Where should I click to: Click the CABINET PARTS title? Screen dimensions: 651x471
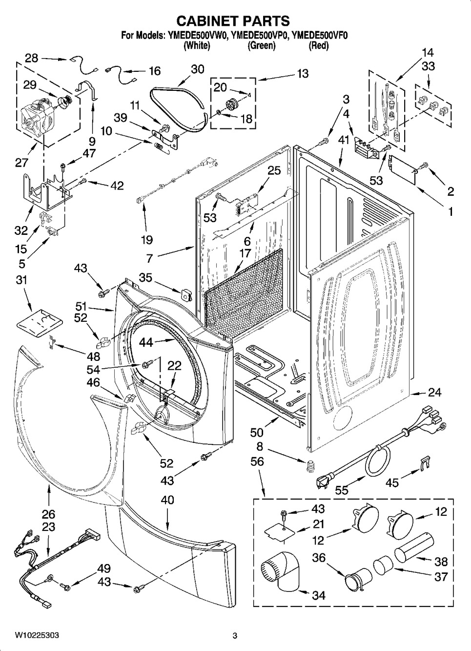tap(233, 21)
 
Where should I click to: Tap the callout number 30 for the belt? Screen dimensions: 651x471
tap(197, 69)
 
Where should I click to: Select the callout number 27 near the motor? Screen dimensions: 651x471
tap(21, 162)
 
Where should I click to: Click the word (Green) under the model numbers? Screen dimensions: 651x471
tap(262, 46)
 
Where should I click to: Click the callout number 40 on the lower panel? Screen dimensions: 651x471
tap(167, 500)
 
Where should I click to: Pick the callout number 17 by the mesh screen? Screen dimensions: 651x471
tap(245, 253)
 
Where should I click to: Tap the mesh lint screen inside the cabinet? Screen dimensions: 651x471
tap(244, 293)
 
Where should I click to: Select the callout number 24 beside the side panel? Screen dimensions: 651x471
tap(434, 392)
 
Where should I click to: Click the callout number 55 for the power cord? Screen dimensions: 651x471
tap(342, 490)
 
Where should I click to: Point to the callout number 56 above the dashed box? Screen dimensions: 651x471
tap(257, 462)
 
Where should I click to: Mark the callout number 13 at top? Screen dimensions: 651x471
tap(303, 73)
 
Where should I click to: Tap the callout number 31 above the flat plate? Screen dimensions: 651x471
tap(21, 280)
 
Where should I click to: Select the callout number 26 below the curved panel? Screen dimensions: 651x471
tap(48, 514)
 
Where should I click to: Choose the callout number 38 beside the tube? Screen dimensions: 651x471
tap(441, 562)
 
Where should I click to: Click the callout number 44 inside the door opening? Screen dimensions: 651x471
tap(146, 343)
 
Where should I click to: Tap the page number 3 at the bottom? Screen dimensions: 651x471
tap(235, 635)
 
